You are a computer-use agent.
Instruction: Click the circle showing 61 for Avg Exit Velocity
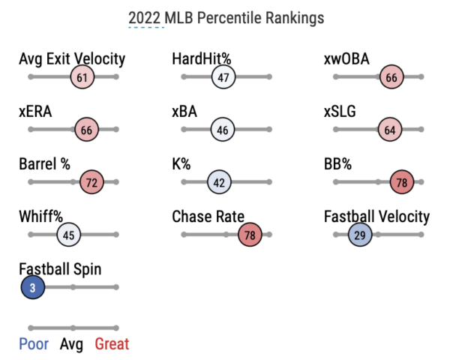click(x=82, y=77)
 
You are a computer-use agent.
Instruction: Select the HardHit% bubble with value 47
click(x=223, y=77)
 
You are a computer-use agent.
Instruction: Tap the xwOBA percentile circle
click(x=391, y=77)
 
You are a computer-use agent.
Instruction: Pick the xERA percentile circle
click(x=86, y=130)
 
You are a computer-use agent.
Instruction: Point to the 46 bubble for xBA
click(x=223, y=130)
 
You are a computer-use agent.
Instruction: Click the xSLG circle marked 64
click(x=389, y=130)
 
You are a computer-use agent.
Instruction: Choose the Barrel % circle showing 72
click(x=91, y=182)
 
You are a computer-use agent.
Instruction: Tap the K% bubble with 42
click(x=220, y=182)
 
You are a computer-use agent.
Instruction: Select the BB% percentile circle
click(x=402, y=182)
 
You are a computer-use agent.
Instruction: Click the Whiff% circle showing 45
click(x=68, y=235)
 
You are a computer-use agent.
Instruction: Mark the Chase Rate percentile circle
click(x=250, y=235)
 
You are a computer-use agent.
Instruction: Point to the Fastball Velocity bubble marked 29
click(x=360, y=235)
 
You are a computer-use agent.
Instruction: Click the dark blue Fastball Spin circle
click(x=33, y=287)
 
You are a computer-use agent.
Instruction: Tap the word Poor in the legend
click(x=34, y=344)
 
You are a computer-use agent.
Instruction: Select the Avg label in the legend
click(x=72, y=344)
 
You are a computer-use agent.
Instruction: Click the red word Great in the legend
click(x=112, y=344)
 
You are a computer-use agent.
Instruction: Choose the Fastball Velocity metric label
click(x=376, y=217)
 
